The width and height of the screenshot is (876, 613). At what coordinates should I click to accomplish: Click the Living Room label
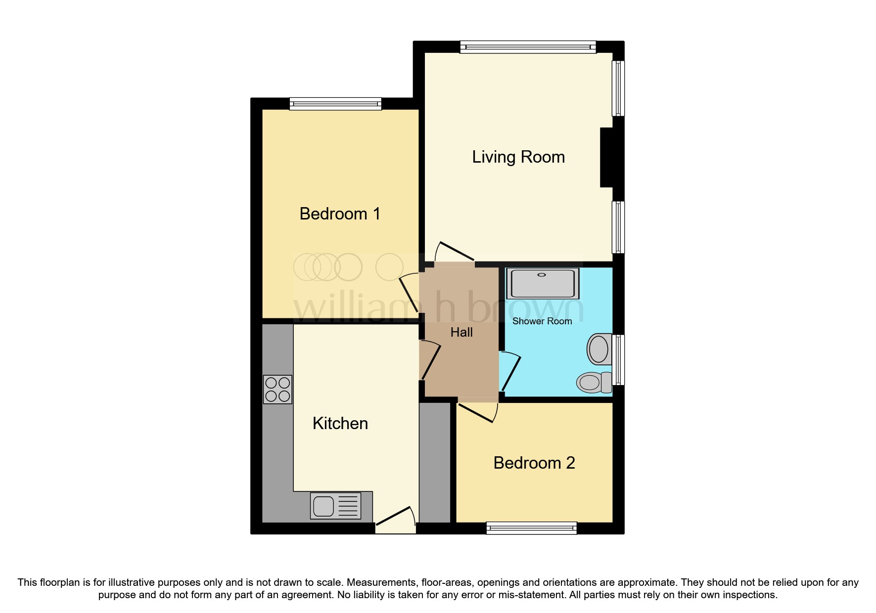[x=518, y=157]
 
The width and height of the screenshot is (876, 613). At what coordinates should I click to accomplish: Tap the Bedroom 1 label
[x=340, y=214]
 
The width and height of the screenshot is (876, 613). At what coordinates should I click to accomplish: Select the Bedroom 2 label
[x=534, y=463]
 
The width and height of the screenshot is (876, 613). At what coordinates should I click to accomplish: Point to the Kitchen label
[x=340, y=424]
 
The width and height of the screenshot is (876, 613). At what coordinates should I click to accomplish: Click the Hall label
[x=461, y=333]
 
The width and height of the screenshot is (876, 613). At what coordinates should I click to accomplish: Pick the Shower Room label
[x=542, y=321]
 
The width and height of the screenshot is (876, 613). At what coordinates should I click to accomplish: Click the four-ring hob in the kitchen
[x=277, y=390]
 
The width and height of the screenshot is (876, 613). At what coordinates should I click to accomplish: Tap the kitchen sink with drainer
[x=335, y=506]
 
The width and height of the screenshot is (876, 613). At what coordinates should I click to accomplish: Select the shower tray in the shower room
[x=543, y=283]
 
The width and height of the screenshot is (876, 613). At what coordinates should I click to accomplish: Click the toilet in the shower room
[x=594, y=382]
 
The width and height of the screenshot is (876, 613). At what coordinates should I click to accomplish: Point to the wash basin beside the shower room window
[x=599, y=349]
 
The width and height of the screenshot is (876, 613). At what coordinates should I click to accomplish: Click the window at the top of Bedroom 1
[x=335, y=104]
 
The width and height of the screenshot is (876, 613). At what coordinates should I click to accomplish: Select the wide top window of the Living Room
[x=528, y=47]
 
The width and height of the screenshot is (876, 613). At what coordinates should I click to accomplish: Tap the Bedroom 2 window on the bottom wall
[x=531, y=528]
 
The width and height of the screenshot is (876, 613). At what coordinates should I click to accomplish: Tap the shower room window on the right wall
[x=618, y=359]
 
